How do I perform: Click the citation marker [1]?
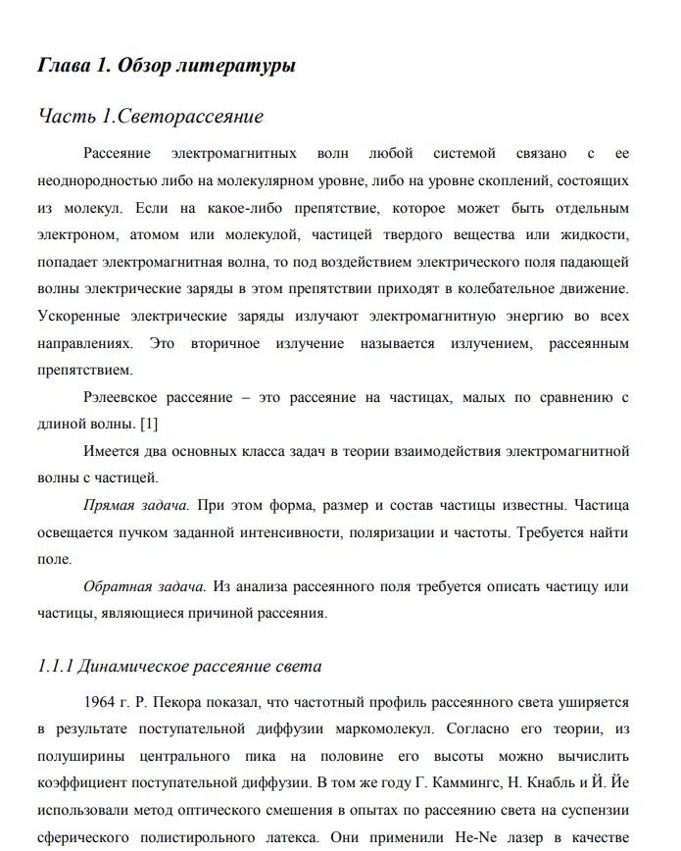tap(150, 424)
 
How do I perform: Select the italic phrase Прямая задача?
tap(136, 507)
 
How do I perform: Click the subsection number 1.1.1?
tap(55, 667)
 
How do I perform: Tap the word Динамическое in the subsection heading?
tap(132, 667)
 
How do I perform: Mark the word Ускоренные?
tap(78, 317)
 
